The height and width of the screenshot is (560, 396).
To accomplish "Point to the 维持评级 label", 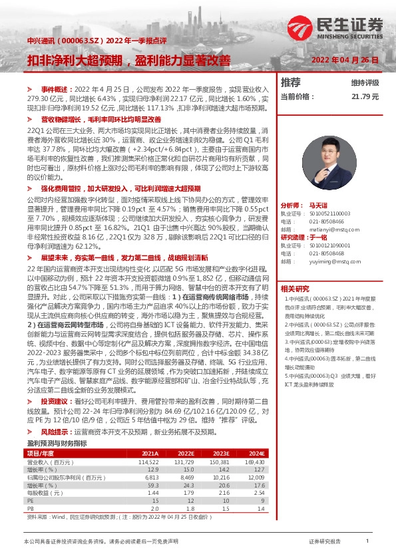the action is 364,83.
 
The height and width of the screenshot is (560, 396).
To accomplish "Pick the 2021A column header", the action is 150,435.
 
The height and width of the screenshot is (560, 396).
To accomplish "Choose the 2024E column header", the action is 257,435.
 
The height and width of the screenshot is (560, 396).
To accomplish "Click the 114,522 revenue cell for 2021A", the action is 148,443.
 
